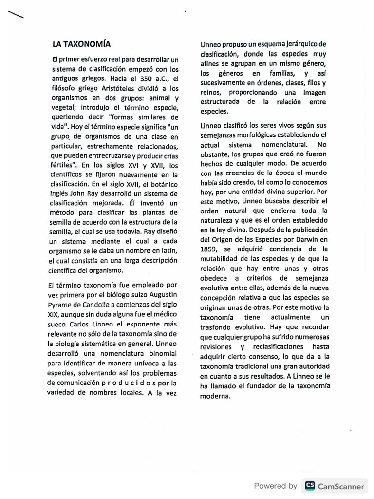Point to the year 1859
209,249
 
